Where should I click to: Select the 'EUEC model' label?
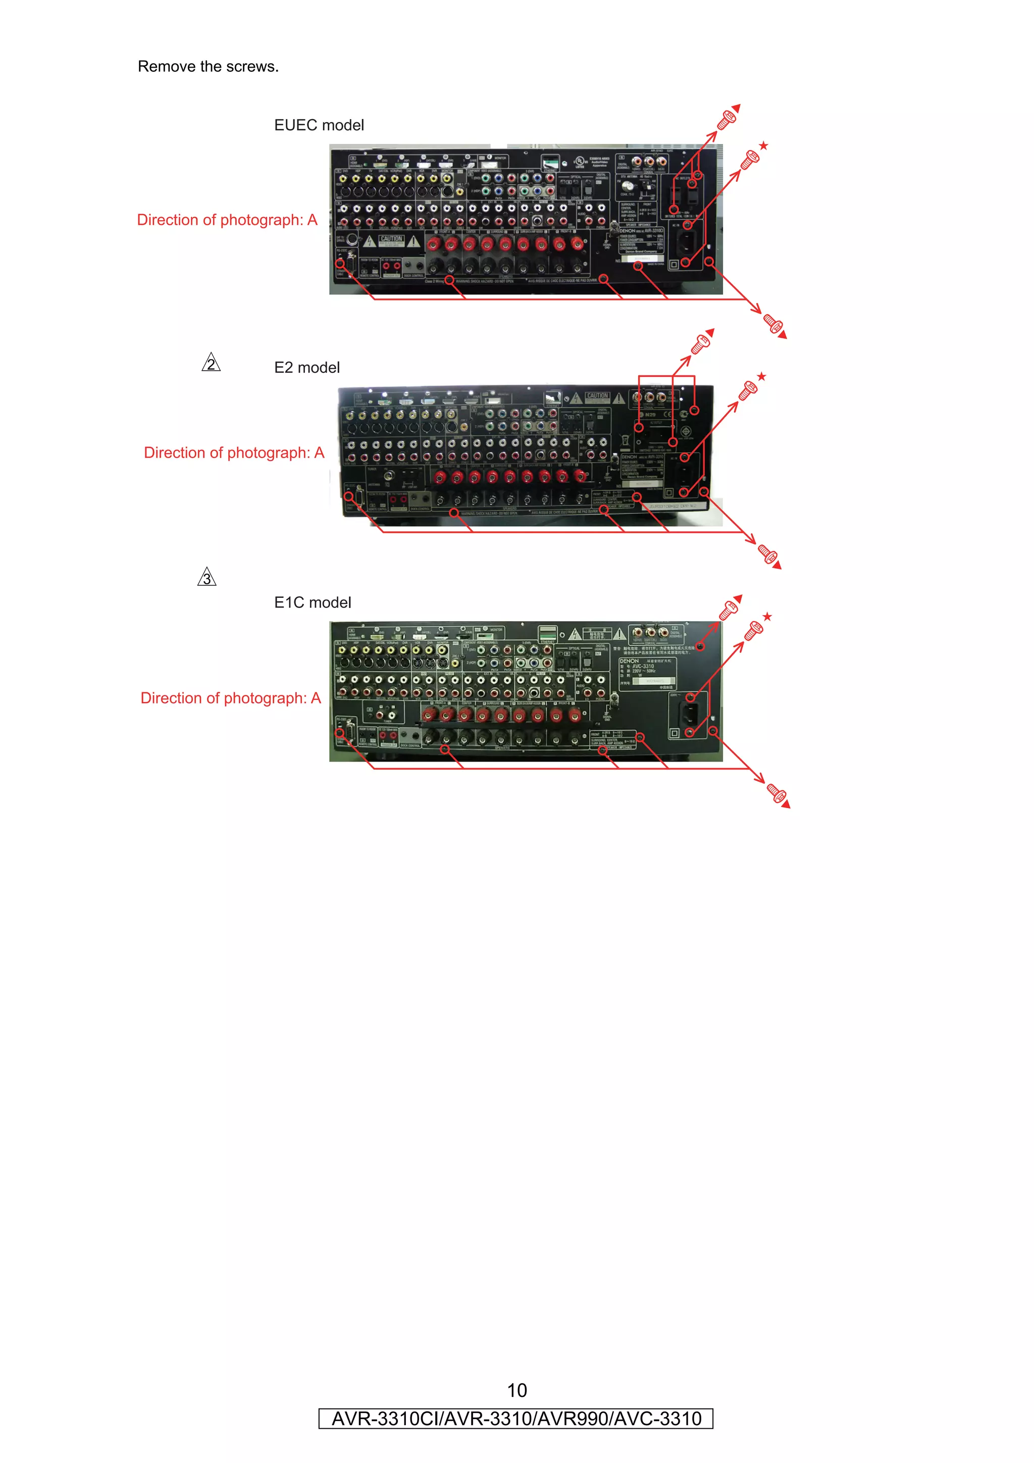coord(319,125)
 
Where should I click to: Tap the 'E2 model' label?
coord(306,368)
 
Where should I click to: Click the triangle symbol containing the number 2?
coord(211,363)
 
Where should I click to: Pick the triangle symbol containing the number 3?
coord(206,577)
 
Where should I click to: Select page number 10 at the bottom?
coord(516,1390)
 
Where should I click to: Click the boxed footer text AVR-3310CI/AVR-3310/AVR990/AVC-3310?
coord(516,1419)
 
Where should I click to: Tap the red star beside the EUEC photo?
coord(764,146)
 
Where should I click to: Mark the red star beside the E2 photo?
coord(761,377)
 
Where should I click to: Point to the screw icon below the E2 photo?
coord(769,555)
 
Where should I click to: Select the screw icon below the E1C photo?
coord(777,794)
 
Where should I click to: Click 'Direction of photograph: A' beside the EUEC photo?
coord(227,220)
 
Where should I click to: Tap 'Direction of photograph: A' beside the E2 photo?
coord(234,452)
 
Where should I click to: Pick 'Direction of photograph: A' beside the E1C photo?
coord(231,698)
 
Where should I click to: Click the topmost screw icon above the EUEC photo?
coord(728,119)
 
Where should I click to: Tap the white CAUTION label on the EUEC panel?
coord(391,240)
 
